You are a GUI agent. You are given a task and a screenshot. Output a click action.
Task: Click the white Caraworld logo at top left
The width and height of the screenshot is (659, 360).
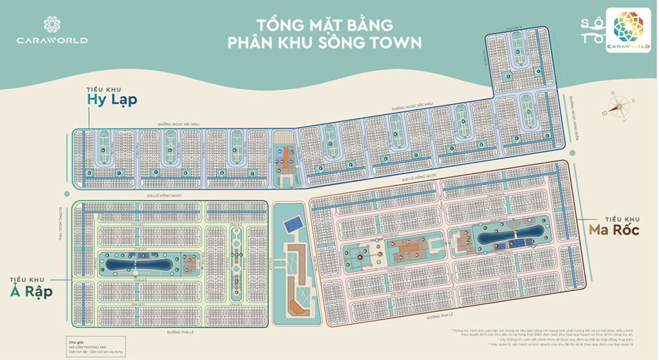52,31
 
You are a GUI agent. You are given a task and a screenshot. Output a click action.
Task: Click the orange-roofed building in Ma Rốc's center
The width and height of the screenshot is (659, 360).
406,248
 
